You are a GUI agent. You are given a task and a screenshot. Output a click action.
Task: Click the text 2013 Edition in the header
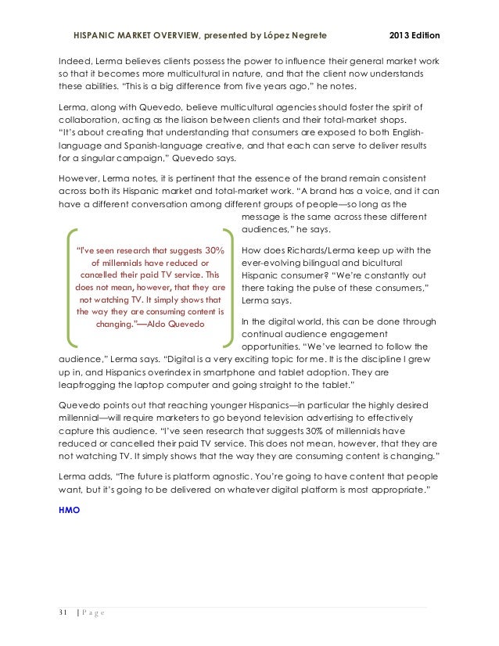[x=414, y=36]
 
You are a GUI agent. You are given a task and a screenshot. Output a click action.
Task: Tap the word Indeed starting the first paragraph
[x=77, y=61]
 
